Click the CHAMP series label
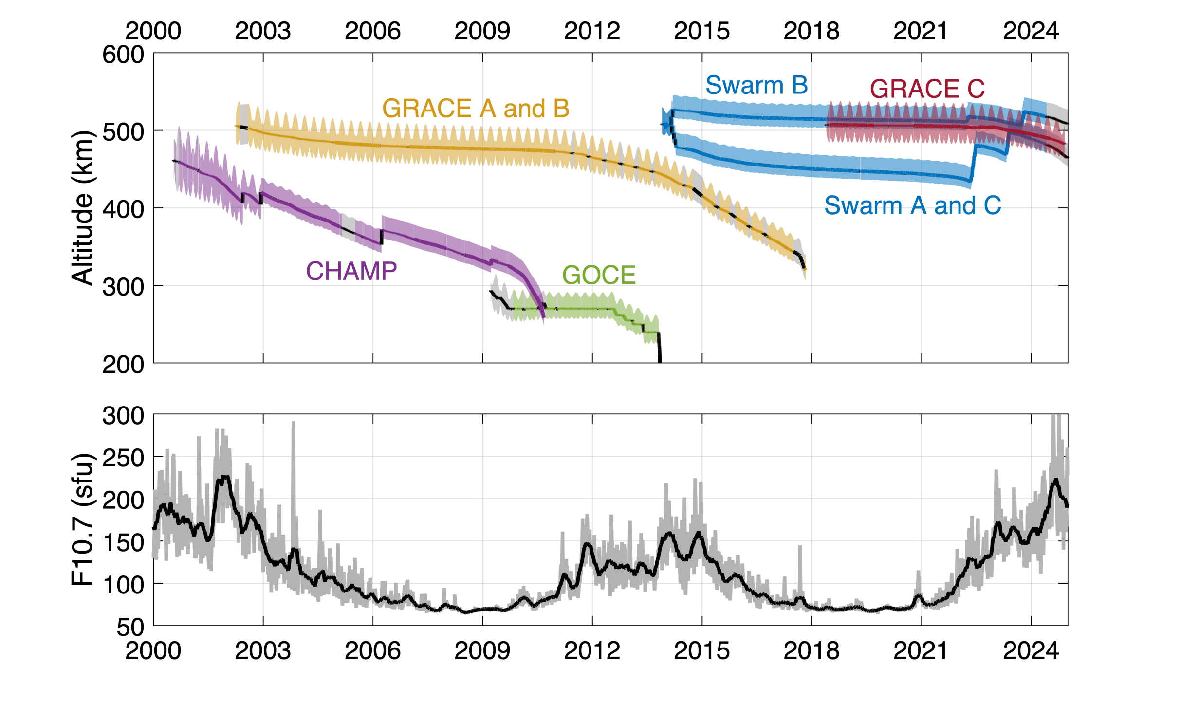click(351, 271)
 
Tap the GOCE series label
click(599, 275)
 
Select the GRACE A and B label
click(476, 108)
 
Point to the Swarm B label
click(756, 85)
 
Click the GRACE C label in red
click(927, 89)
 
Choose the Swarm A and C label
click(912, 205)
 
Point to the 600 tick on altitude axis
click(123, 55)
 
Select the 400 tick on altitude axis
click(123, 209)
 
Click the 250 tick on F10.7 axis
click(123, 458)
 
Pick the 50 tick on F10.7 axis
click(130, 627)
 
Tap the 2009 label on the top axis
click(482, 32)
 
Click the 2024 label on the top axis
click(1031, 32)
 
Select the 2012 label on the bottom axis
click(592, 651)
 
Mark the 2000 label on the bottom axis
click(153, 651)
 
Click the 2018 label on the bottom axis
click(811, 651)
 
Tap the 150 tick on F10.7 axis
click(123, 542)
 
